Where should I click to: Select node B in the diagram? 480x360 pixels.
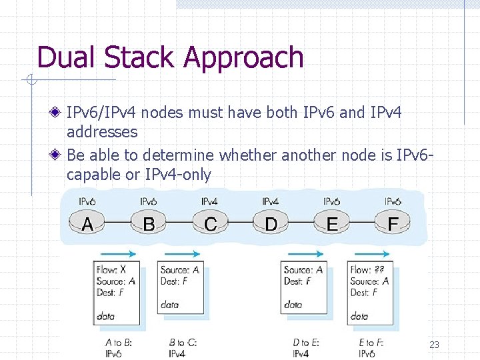tap(149, 223)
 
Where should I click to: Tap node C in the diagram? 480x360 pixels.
tap(210, 223)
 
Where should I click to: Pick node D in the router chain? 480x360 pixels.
tap(271, 223)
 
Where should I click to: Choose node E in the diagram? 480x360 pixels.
tap(332, 223)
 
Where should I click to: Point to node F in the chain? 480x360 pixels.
tap(393, 223)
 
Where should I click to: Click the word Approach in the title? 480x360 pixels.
tap(243, 58)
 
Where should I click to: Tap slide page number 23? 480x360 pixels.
tap(434, 345)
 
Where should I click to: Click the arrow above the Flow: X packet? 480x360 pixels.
tap(118, 254)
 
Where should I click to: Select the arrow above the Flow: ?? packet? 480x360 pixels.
tap(373, 254)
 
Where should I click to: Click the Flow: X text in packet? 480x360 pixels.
tap(111, 270)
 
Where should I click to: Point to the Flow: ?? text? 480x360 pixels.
tap(367, 271)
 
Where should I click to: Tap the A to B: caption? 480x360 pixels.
tap(119, 343)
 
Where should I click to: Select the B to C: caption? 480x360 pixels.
tap(182, 343)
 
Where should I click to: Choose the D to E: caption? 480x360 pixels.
tap(306, 343)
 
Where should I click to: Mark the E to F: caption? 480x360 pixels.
tap(371, 343)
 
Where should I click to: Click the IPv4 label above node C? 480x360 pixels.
tap(209, 201)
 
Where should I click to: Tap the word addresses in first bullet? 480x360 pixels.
tap(102, 132)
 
